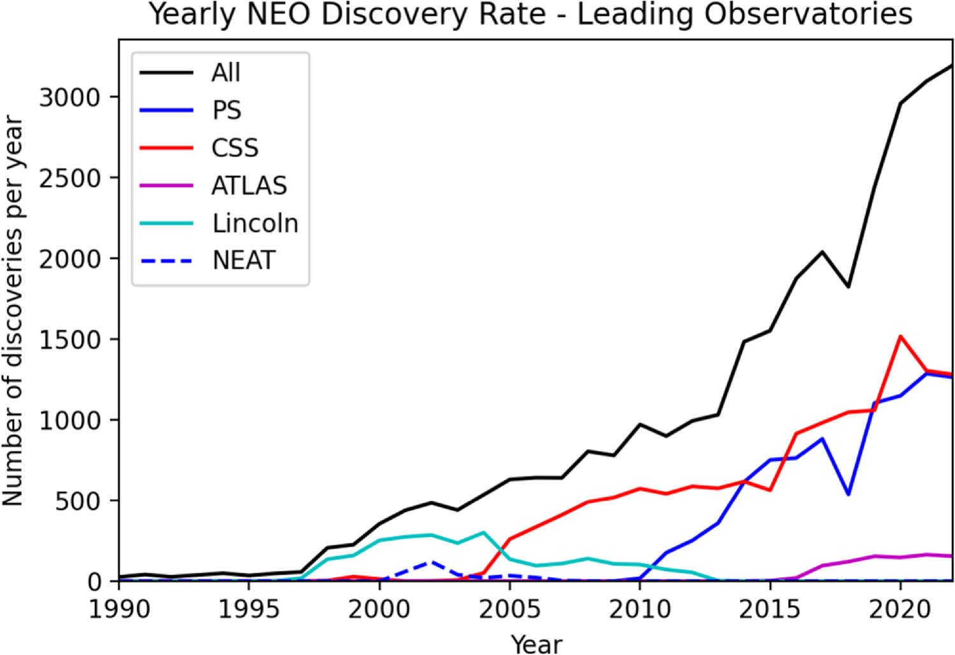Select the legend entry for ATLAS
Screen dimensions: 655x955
249,186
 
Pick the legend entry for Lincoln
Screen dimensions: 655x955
255,223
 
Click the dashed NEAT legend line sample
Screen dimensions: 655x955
166,261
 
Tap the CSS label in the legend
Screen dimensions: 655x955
235,148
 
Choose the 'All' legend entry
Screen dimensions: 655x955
226,73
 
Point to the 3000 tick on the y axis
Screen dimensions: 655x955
69,98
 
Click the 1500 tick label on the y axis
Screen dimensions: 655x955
69,339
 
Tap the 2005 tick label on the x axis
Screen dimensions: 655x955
509,610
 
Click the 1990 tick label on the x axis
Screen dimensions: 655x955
119,610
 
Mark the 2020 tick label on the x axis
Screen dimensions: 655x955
900,610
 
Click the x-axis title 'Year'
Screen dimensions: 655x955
536,643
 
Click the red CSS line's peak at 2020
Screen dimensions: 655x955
900,336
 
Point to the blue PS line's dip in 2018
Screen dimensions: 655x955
848,494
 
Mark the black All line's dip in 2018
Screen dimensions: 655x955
848,286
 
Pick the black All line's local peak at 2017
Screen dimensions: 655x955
822,252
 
